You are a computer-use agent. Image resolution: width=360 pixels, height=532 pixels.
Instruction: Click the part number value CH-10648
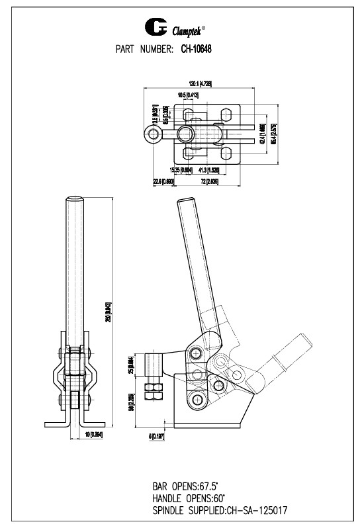196,48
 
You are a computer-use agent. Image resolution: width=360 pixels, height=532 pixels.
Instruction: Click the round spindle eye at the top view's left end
153,135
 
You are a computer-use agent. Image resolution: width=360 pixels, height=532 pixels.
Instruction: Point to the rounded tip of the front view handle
74,199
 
